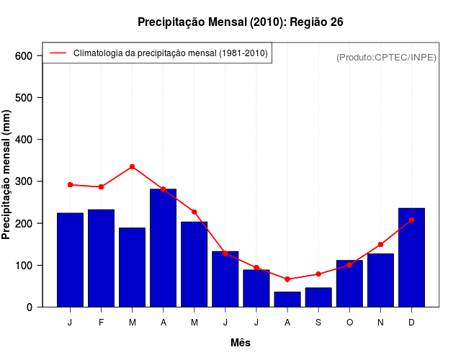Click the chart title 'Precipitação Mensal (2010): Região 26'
[x=240, y=22]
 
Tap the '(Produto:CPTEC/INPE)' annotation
[x=386, y=57]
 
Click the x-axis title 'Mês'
[x=241, y=343]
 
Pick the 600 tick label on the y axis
[x=23, y=56]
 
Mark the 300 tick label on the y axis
[x=23, y=181]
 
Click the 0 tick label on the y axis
[x=29, y=307]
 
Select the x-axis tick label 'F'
[x=102, y=323]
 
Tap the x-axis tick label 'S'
[x=318, y=323]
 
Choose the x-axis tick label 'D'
[x=411, y=323]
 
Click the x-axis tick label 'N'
[x=380, y=323]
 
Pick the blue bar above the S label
[x=318, y=297]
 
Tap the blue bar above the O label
[x=349, y=284]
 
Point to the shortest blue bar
[x=287, y=300]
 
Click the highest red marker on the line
[x=133, y=166]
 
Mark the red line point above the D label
[x=411, y=220]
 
